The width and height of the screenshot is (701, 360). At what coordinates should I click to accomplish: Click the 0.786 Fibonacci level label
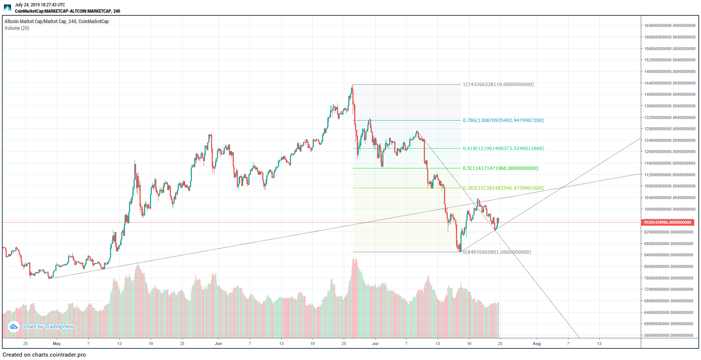[503, 120]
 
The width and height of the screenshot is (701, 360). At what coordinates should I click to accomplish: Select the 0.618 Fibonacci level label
[503, 149]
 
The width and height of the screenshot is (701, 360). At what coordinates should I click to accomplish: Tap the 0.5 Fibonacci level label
[501, 168]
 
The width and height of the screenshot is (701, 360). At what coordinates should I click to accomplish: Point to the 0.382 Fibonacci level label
[503, 188]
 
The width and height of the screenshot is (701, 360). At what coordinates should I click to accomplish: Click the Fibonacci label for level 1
[498, 85]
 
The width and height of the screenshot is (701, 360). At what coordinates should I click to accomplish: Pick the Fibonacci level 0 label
[497, 252]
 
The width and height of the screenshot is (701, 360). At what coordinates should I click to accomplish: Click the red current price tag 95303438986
[668, 222]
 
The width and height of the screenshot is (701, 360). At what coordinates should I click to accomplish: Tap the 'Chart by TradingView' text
[49, 327]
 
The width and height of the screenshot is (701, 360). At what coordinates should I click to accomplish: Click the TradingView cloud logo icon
[13, 327]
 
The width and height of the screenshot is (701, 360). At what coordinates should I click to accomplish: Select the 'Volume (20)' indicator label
[17, 28]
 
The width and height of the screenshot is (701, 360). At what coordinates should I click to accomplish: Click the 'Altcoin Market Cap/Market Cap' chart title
[56, 22]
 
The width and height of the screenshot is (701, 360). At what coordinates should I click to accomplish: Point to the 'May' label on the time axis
[57, 344]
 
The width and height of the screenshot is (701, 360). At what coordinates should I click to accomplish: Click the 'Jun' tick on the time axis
[218, 344]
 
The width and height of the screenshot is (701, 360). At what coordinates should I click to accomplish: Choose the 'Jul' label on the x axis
[375, 344]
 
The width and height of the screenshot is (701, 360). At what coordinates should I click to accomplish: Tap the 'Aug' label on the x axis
[536, 344]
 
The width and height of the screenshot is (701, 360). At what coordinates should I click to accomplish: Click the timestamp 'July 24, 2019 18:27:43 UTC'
[40, 5]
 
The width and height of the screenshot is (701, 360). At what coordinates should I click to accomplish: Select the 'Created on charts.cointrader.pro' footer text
[44, 355]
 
